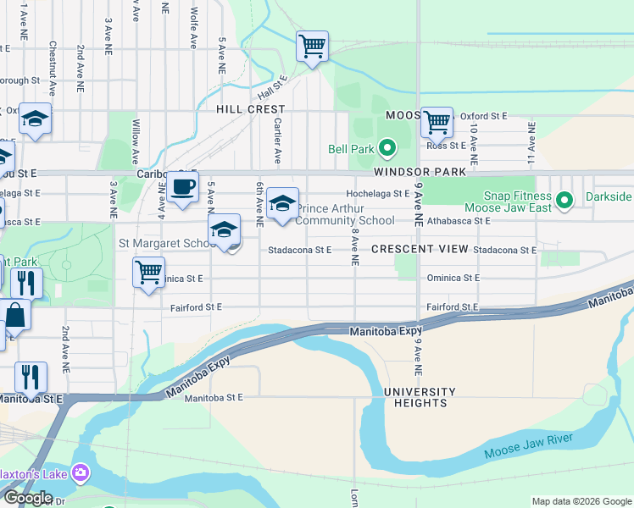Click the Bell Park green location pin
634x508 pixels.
click(387, 149)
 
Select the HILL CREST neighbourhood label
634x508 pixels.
click(250, 109)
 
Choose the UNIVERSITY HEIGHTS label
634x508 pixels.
click(419, 397)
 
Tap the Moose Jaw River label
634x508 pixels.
click(528, 445)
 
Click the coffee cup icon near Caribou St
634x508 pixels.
click(182, 186)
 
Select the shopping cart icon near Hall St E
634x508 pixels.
click(312, 46)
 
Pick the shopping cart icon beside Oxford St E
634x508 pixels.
click(437, 123)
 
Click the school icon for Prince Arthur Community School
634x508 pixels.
click(283, 203)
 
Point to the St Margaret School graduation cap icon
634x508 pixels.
click(225, 229)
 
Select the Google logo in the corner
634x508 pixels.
click(28, 498)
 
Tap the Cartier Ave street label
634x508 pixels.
click(277, 141)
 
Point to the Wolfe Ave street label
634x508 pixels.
click(194, 26)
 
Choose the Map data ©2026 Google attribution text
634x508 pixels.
click(581, 501)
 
